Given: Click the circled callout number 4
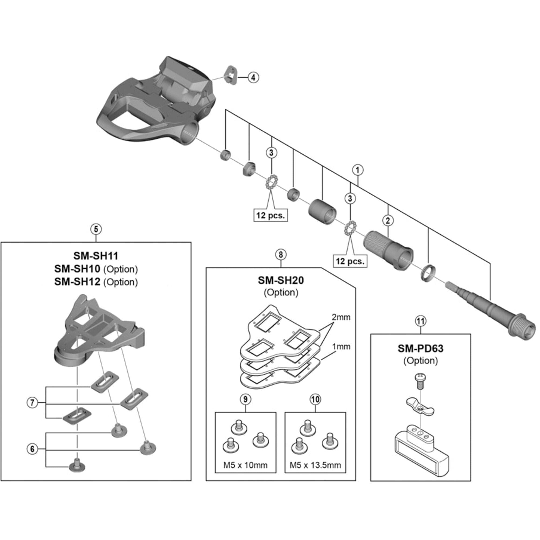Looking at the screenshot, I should coord(253,77).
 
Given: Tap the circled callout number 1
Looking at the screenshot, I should coord(358,170).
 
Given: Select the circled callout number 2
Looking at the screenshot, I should coord(388,221).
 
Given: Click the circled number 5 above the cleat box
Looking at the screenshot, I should coord(96,229).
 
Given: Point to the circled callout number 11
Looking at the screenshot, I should coord(421,321).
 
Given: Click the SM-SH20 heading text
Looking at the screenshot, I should coord(281,280).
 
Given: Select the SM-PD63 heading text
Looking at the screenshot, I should coord(420,349).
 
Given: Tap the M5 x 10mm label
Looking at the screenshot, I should coord(245,465).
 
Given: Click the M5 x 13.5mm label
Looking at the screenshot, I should coord(315,465).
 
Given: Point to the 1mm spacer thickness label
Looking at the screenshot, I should coord(341,347).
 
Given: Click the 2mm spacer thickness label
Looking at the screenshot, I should coord(341,317).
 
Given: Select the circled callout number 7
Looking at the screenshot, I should coord(32,403).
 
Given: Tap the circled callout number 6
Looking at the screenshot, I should coord(32,449).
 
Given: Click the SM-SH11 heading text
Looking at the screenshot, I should coord(96,256).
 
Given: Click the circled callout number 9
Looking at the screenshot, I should coord(245,399).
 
